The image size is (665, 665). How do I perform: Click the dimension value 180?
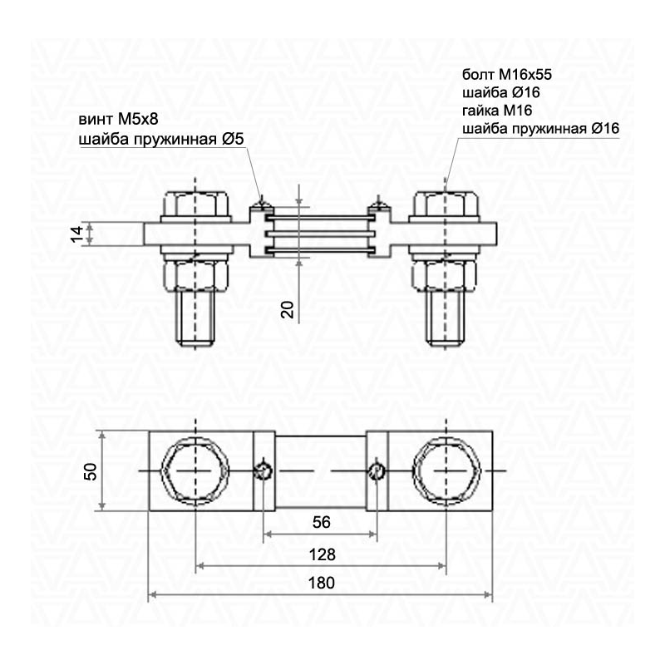point(322,583)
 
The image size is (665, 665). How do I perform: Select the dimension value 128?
point(323,554)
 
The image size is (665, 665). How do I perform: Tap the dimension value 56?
point(321,522)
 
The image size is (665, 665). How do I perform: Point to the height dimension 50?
point(91,471)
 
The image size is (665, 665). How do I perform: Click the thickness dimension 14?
point(77,234)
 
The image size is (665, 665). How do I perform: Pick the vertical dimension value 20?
point(288,309)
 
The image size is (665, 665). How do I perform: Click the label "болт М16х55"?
point(507,75)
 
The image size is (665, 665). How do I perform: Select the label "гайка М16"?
point(496,111)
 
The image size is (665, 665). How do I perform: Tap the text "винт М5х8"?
point(118,119)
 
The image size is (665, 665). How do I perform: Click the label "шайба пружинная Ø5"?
point(161,139)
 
